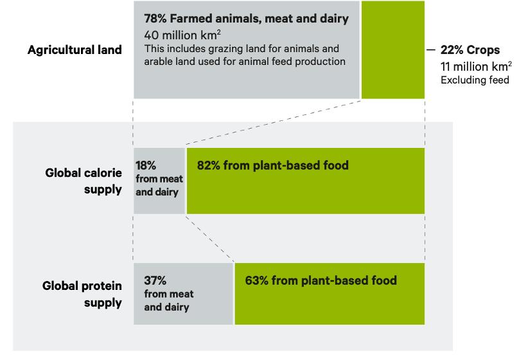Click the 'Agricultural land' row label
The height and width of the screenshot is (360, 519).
(x=75, y=50)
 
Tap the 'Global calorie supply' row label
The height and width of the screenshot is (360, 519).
(x=84, y=181)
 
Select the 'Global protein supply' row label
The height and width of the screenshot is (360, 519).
(x=82, y=294)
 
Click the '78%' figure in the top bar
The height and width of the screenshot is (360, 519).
(x=155, y=19)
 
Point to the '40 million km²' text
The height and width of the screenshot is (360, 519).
(x=182, y=35)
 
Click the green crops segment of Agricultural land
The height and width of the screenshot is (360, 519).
(x=393, y=50)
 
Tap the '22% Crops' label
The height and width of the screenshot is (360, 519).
(x=470, y=50)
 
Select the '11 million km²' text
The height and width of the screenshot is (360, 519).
(x=476, y=66)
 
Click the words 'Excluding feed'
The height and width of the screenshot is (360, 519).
(x=475, y=80)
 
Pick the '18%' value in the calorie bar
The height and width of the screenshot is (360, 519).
(x=146, y=165)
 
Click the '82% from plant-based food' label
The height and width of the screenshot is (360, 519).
(x=273, y=165)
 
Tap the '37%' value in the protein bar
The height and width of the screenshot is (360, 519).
(x=155, y=280)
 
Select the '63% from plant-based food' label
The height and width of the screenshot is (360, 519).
(x=321, y=280)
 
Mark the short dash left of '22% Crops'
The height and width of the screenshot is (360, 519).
(x=430, y=50)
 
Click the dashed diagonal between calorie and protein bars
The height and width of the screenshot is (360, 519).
(x=209, y=239)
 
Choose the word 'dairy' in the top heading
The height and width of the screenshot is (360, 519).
(x=334, y=19)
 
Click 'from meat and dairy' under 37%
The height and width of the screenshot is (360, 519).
(x=169, y=301)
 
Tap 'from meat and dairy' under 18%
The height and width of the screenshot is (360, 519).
(x=159, y=186)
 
